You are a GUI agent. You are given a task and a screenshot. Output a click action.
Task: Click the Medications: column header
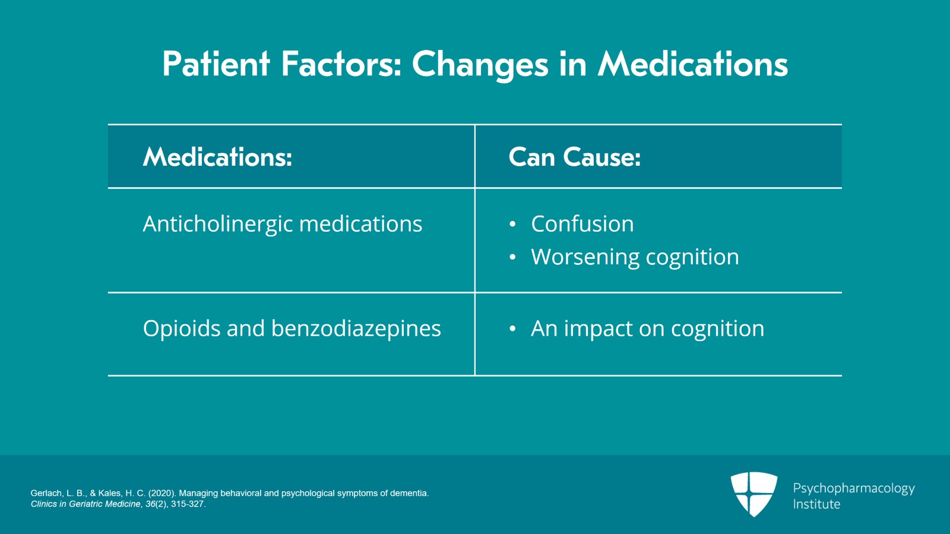tap(217, 156)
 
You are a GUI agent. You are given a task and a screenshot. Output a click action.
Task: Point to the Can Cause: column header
tap(575, 156)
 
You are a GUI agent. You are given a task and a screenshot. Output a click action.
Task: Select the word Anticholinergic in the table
tap(217, 225)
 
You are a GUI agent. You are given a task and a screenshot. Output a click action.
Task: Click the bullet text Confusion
tap(582, 223)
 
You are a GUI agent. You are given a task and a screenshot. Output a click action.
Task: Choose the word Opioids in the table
tap(182, 328)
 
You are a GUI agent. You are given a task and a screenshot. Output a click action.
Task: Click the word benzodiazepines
tap(356, 328)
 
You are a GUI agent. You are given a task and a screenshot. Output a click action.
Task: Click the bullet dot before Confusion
tap(513, 224)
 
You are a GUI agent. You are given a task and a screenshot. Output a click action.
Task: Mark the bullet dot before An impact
tap(513, 328)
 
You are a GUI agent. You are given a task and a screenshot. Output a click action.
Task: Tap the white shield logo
tap(754, 494)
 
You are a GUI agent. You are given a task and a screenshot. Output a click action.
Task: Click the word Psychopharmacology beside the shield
tap(854, 489)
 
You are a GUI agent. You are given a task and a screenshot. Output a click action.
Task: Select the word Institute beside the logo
tap(816, 504)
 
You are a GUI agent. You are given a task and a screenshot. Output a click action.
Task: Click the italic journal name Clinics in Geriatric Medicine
tap(85, 504)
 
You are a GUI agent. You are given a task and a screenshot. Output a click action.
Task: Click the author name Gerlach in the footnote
tap(47, 493)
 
